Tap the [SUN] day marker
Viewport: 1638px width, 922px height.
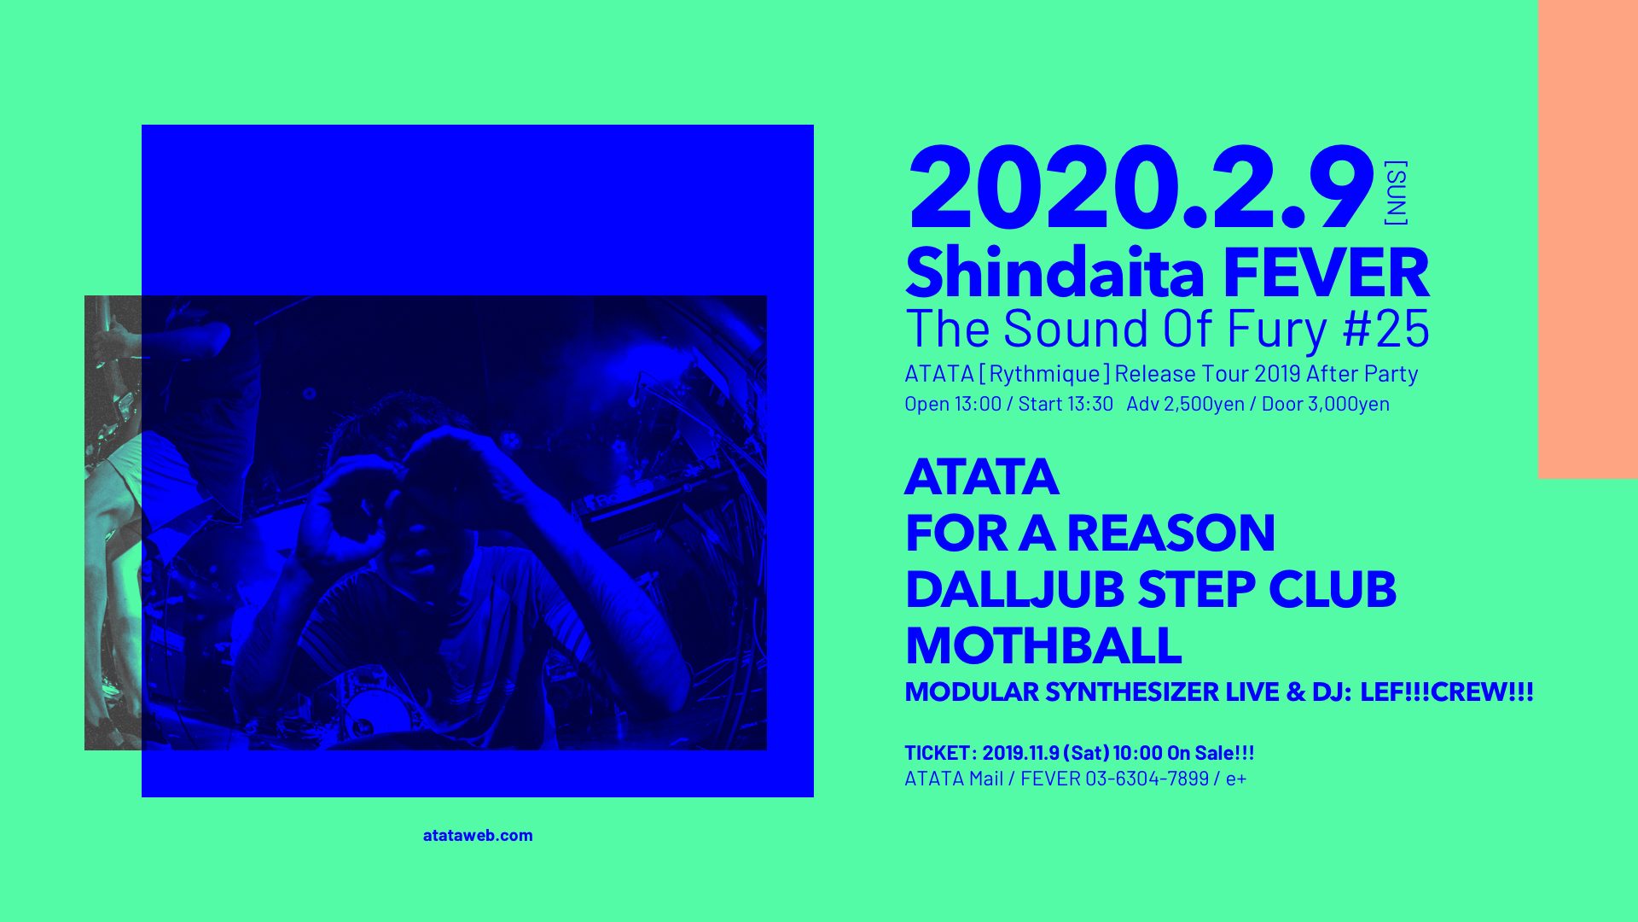pos(1396,193)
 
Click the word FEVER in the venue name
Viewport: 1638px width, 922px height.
pos(1327,273)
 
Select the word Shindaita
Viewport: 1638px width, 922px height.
pos(1056,273)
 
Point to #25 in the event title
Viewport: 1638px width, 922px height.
pos(1386,329)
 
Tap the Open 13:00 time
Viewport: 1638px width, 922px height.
pos(953,404)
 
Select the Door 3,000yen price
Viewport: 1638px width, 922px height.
pos(1326,404)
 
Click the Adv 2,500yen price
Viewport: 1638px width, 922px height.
pos(1185,404)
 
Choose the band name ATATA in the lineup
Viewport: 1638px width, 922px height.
pos(982,476)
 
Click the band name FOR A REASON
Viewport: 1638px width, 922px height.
pos(1090,534)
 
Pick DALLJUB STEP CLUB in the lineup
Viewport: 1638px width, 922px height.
pos(1151,590)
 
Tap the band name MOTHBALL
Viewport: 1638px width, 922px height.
pos(1043,646)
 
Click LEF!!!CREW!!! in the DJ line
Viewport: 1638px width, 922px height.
pos(1447,692)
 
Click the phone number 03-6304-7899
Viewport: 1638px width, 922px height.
pos(1147,779)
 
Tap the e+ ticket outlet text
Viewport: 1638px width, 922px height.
pos(1236,779)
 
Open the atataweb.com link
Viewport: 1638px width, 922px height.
pos(478,836)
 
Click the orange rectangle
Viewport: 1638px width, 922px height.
pos(1588,239)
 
